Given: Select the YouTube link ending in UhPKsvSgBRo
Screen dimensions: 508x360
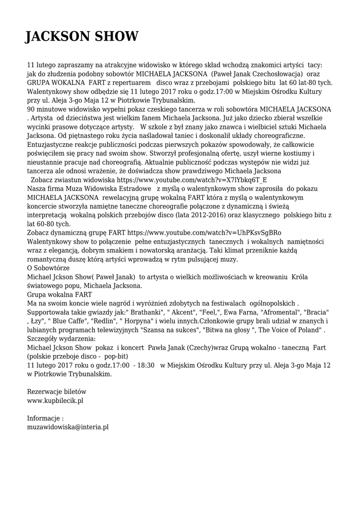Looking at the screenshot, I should (x=204, y=233).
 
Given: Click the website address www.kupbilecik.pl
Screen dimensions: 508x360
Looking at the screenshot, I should (x=55, y=400).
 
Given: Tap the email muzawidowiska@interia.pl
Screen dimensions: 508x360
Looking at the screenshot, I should (x=68, y=427).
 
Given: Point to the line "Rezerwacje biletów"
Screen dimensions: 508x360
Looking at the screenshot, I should (x=57, y=391).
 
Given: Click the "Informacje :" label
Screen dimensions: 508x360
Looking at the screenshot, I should (x=45, y=418).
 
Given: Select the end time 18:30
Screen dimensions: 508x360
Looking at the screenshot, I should (x=144, y=366).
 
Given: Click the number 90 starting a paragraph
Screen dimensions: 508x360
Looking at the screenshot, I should (x=31, y=109).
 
